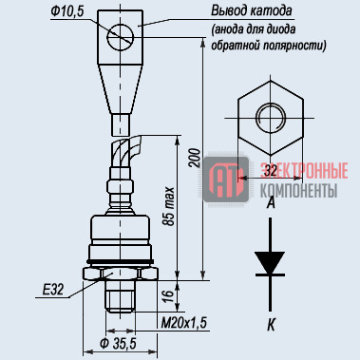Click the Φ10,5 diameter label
[67, 11]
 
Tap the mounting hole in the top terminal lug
[121, 37]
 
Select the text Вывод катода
[252, 11]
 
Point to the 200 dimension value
[196, 158]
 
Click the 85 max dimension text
[169, 206]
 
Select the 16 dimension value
[169, 295]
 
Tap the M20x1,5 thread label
[184, 324]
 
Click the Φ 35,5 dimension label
[118, 344]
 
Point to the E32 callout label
[53, 290]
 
